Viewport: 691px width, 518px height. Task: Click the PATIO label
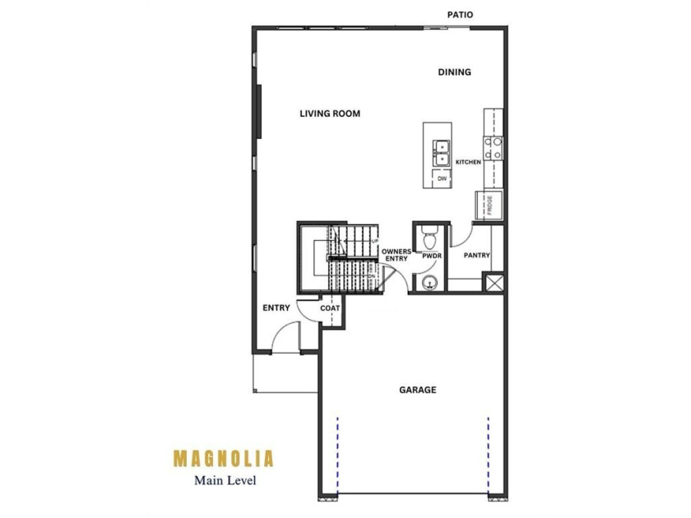(x=460, y=15)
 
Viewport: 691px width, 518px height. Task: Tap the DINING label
(x=454, y=72)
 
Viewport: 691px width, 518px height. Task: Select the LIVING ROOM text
(x=330, y=113)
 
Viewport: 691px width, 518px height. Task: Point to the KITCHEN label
(x=468, y=162)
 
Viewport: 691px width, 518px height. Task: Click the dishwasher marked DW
(x=442, y=178)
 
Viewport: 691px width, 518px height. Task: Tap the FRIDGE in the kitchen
(x=489, y=205)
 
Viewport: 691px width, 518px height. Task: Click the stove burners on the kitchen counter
(x=493, y=149)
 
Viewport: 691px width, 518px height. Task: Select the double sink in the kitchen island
(x=441, y=153)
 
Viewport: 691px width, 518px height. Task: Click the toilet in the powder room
(x=429, y=237)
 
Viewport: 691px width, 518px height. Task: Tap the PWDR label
(x=431, y=256)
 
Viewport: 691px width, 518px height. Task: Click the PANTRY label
(x=477, y=256)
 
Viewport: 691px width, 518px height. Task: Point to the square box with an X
(x=494, y=283)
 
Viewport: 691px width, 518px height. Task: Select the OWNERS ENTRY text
(x=397, y=255)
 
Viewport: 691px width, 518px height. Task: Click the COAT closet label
(x=330, y=308)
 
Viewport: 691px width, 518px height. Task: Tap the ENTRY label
(x=276, y=308)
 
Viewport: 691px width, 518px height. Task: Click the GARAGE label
(x=418, y=390)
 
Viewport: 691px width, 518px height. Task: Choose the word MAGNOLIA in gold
(x=224, y=459)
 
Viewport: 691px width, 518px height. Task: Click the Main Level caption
(x=225, y=480)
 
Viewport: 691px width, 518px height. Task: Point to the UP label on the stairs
(x=374, y=241)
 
